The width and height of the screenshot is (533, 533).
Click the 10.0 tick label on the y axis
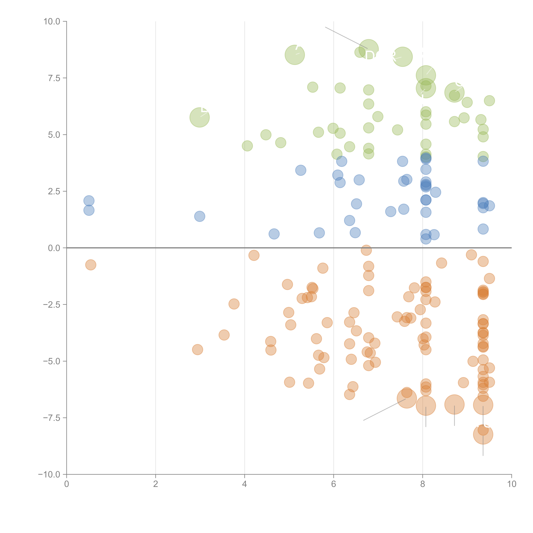pos(52,22)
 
